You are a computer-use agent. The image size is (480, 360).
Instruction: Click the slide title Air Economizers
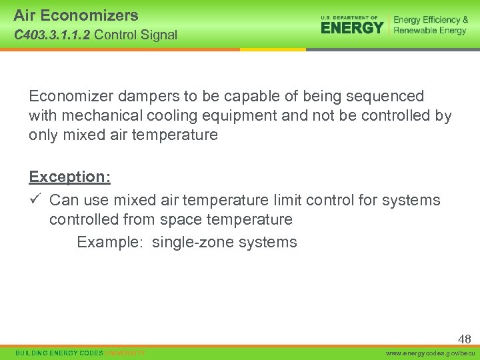pyautogui.click(x=75, y=15)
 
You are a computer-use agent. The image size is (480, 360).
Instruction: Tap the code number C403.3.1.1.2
pyautogui.click(x=52, y=35)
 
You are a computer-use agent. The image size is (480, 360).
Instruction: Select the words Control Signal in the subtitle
pyautogui.click(x=136, y=35)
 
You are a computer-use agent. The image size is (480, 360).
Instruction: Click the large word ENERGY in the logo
pyautogui.click(x=352, y=28)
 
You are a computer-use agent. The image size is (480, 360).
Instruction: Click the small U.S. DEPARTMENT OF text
pyautogui.click(x=349, y=17)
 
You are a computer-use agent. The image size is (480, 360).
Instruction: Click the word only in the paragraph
pyautogui.click(x=43, y=135)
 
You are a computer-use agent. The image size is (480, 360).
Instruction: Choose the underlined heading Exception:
pyautogui.click(x=69, y=177)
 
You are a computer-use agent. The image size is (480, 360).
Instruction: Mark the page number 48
pyautogui.click(x=464, y=339)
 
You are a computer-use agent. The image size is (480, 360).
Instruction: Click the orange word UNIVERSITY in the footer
pyautogui.click(x=125, y=353)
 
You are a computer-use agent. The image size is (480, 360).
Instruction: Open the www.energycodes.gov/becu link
pyautogui.click(x=432, y=353)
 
